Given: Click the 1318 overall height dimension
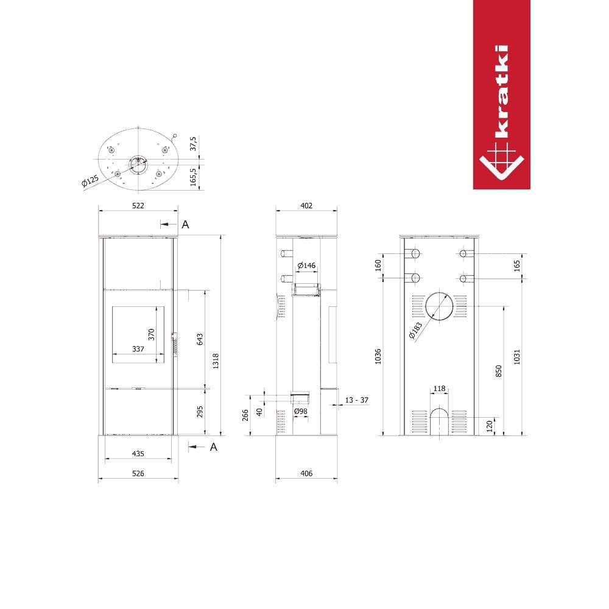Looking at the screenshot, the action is click(216, 361).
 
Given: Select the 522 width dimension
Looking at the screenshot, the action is click(138, 205).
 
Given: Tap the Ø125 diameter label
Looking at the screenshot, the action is click(90, 181).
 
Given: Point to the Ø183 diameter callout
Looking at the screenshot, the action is click(415, 331).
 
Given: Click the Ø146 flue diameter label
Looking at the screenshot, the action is click(306, 266).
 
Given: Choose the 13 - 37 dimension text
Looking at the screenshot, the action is click(356, 400).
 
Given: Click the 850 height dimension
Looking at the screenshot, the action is click(499, 371).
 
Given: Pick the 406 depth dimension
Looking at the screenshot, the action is click(306, 473).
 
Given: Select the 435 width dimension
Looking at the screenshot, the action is click(138, 454).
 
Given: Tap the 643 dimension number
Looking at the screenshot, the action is click(200, 339).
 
